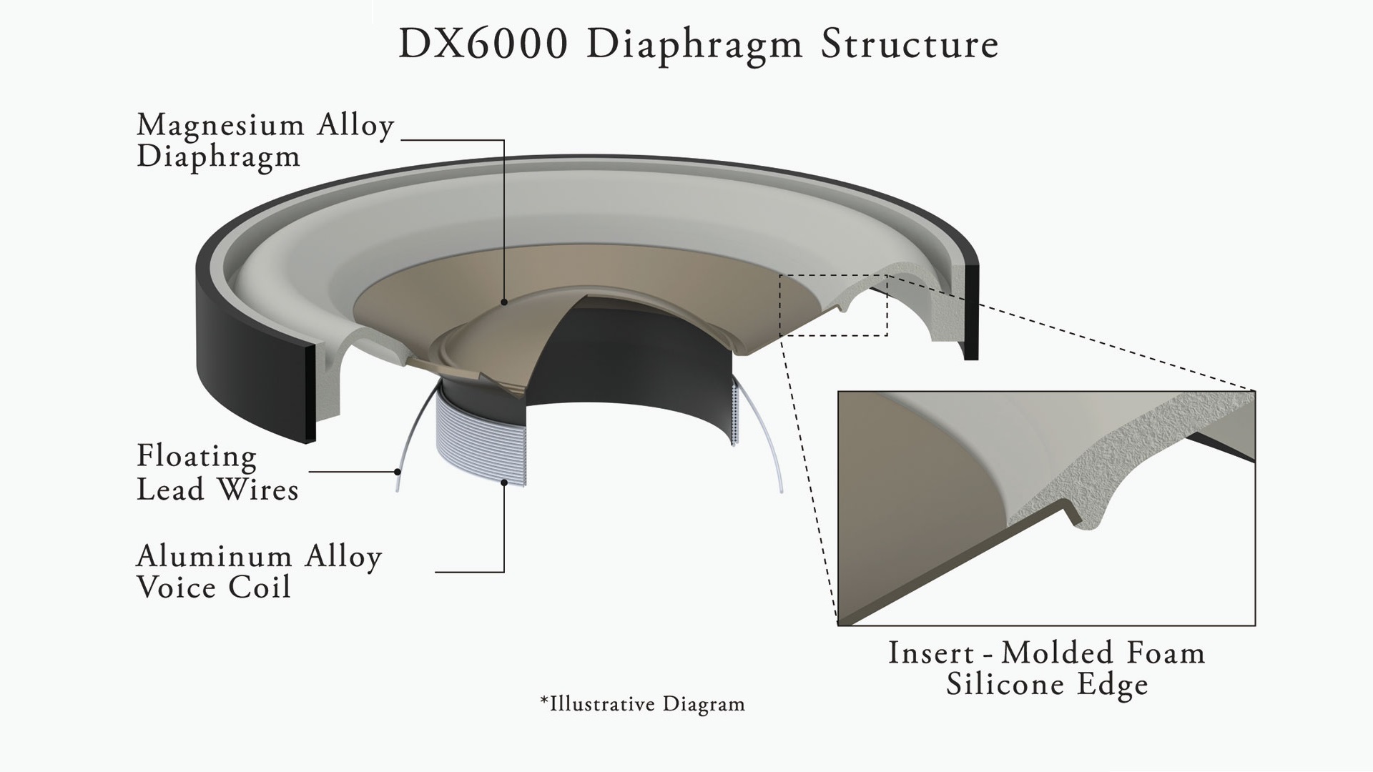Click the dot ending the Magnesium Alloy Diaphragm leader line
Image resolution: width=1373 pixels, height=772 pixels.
tap(504, 302)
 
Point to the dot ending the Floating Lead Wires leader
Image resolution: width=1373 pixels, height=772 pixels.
tap(397, 471)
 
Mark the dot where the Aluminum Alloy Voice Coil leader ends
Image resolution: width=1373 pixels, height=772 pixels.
tap(504, 482)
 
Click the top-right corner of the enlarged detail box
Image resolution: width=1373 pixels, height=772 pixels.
tap(1256, 391)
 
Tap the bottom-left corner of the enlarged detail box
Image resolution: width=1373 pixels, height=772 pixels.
tap(838, 625)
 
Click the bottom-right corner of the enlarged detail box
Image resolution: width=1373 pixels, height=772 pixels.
tap(1256, 625)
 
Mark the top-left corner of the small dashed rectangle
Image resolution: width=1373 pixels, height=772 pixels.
tap(781, 275)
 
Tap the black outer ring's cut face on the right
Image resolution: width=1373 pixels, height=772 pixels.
tap(971, 312)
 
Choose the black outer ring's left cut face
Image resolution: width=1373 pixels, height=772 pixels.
tap(310, 394)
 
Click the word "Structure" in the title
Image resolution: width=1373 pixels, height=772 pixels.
tap(910, 44)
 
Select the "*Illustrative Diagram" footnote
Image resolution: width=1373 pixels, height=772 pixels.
tap(642, 704)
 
